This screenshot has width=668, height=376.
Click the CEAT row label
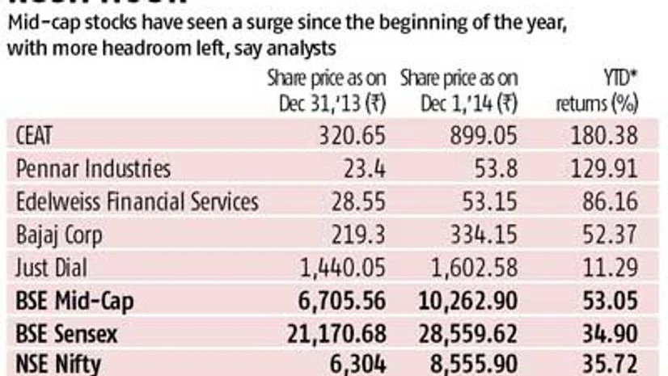(x=35, y=135)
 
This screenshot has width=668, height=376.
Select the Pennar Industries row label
(x=93, y=168)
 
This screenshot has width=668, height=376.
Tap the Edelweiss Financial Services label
(x=137, y=202)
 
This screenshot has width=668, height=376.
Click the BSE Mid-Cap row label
(x=74, y=302)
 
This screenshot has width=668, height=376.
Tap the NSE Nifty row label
(x=58, y=365)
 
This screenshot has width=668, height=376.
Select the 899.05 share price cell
(x=484, y=135)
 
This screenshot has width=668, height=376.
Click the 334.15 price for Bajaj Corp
(x=484, y=235)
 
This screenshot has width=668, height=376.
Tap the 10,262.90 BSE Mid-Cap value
(x=467, y=302)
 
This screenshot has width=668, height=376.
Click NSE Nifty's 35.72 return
(x=613, y=365)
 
